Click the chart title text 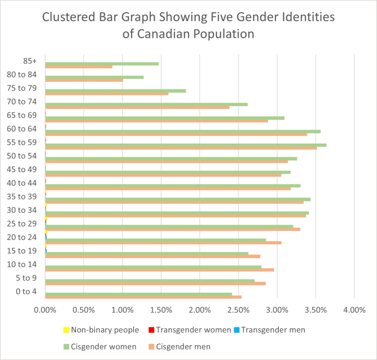click(x=188, y=26)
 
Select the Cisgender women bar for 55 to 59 click(x=186, y=145)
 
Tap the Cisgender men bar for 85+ click(x=79, y=67)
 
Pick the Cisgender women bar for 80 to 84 click(x=94, y=77)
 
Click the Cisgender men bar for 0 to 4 click(x=143, y=297)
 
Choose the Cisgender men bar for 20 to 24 click(x=163, y=242)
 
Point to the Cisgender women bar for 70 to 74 click(x=146, y=104)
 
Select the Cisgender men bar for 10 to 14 click(x=160, y=270)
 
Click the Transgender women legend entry click(x=188, y=330)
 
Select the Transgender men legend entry click(x=269, y=330)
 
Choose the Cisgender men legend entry click(x=179, y=347)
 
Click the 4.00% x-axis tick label click(x=354, y=310)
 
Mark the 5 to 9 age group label click(x=27, y=278)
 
